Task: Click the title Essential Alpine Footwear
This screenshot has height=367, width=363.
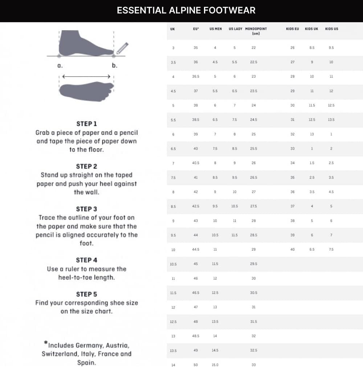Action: pos(186,10)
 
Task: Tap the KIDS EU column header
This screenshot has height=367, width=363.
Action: pos(292,29)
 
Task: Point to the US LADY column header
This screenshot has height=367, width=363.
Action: pos(235,29)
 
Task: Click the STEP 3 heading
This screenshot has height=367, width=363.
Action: pos(86,209)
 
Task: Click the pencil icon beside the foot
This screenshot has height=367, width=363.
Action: pos(122,48)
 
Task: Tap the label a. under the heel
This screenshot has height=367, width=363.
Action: pos(60,66)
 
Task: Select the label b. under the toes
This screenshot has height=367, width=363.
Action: pos(114,66)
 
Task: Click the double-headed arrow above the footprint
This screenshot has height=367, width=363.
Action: pos(86,77)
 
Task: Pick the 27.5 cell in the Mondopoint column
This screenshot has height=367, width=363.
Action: pos(253,206)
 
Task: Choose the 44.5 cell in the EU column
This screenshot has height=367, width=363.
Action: pos(196,250)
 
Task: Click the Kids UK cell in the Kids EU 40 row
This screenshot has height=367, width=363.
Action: pos(312,250)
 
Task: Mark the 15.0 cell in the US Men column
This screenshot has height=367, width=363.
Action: pos(215,364)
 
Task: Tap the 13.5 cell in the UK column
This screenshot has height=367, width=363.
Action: pos(173,351)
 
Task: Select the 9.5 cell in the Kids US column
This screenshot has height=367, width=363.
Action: pos(331,48)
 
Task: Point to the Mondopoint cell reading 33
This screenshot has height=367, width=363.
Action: pos(253,364)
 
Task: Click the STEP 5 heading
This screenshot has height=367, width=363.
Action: pos(86,294)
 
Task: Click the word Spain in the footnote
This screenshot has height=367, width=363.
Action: pos(86,363)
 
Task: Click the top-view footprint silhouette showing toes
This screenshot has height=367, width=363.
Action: pos(86,89)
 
